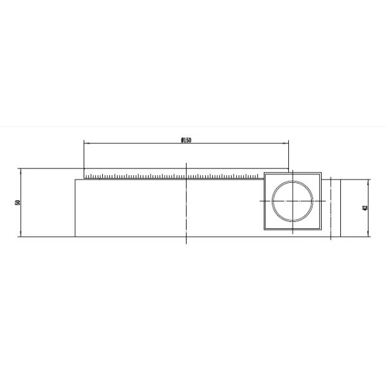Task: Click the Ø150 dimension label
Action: [x=186, y=140]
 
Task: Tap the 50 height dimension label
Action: [x=17, y=203]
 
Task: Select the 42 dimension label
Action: [x=365, y=208]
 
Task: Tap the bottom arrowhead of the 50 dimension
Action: [x=21, y=234]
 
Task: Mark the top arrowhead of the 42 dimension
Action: [x=368, y=182]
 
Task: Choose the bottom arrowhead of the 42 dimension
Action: [x=368, y=234]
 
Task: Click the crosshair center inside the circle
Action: [x=293, y=201]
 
